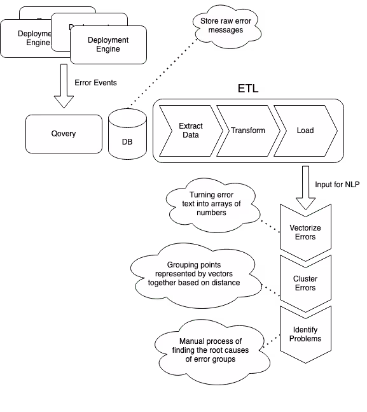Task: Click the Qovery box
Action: (x=64, y=134)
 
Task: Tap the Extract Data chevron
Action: (x=190, y=131)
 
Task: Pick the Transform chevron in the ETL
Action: (x=247, y=131)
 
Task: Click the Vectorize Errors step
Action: (x=305, y=232)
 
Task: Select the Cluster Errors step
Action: (x=305, y=283)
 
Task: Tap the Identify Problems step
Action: (x=305, y=334)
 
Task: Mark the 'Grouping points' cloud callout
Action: (x=194, y=273)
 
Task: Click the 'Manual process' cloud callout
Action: (x=210, y=350)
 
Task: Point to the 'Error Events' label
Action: (x=96, y=83)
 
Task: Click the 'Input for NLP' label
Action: (x=337, y=185)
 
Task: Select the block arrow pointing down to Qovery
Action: (x=64, y=85)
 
